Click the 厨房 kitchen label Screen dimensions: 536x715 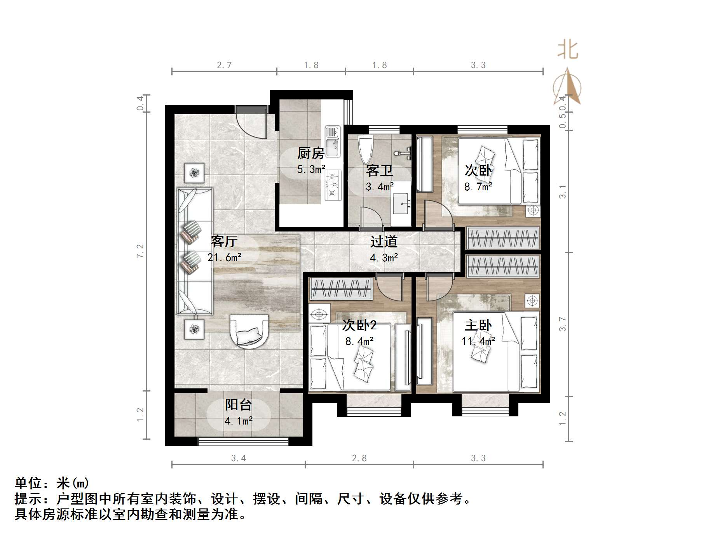click(x=310, y=153)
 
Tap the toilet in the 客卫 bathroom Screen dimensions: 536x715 click(x=366, y=149)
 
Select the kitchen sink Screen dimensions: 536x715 click(x=333, y=142)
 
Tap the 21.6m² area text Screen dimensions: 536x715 click(x=225, y=257)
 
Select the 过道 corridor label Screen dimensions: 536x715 click(x=384, y=242)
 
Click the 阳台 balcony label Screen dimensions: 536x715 click(x=239, y=405)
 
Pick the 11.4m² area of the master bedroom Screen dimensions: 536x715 click(x=478, y=341)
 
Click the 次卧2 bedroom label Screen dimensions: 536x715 click(x=359, y=325)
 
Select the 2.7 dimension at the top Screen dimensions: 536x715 click(x=224, y=65)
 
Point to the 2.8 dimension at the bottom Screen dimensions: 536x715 click(x=359, y=458)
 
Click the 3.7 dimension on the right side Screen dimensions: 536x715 click(x=562, y=324)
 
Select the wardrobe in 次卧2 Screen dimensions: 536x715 click(x=341, y=289)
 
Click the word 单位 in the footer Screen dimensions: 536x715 click(x=28, y=483)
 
